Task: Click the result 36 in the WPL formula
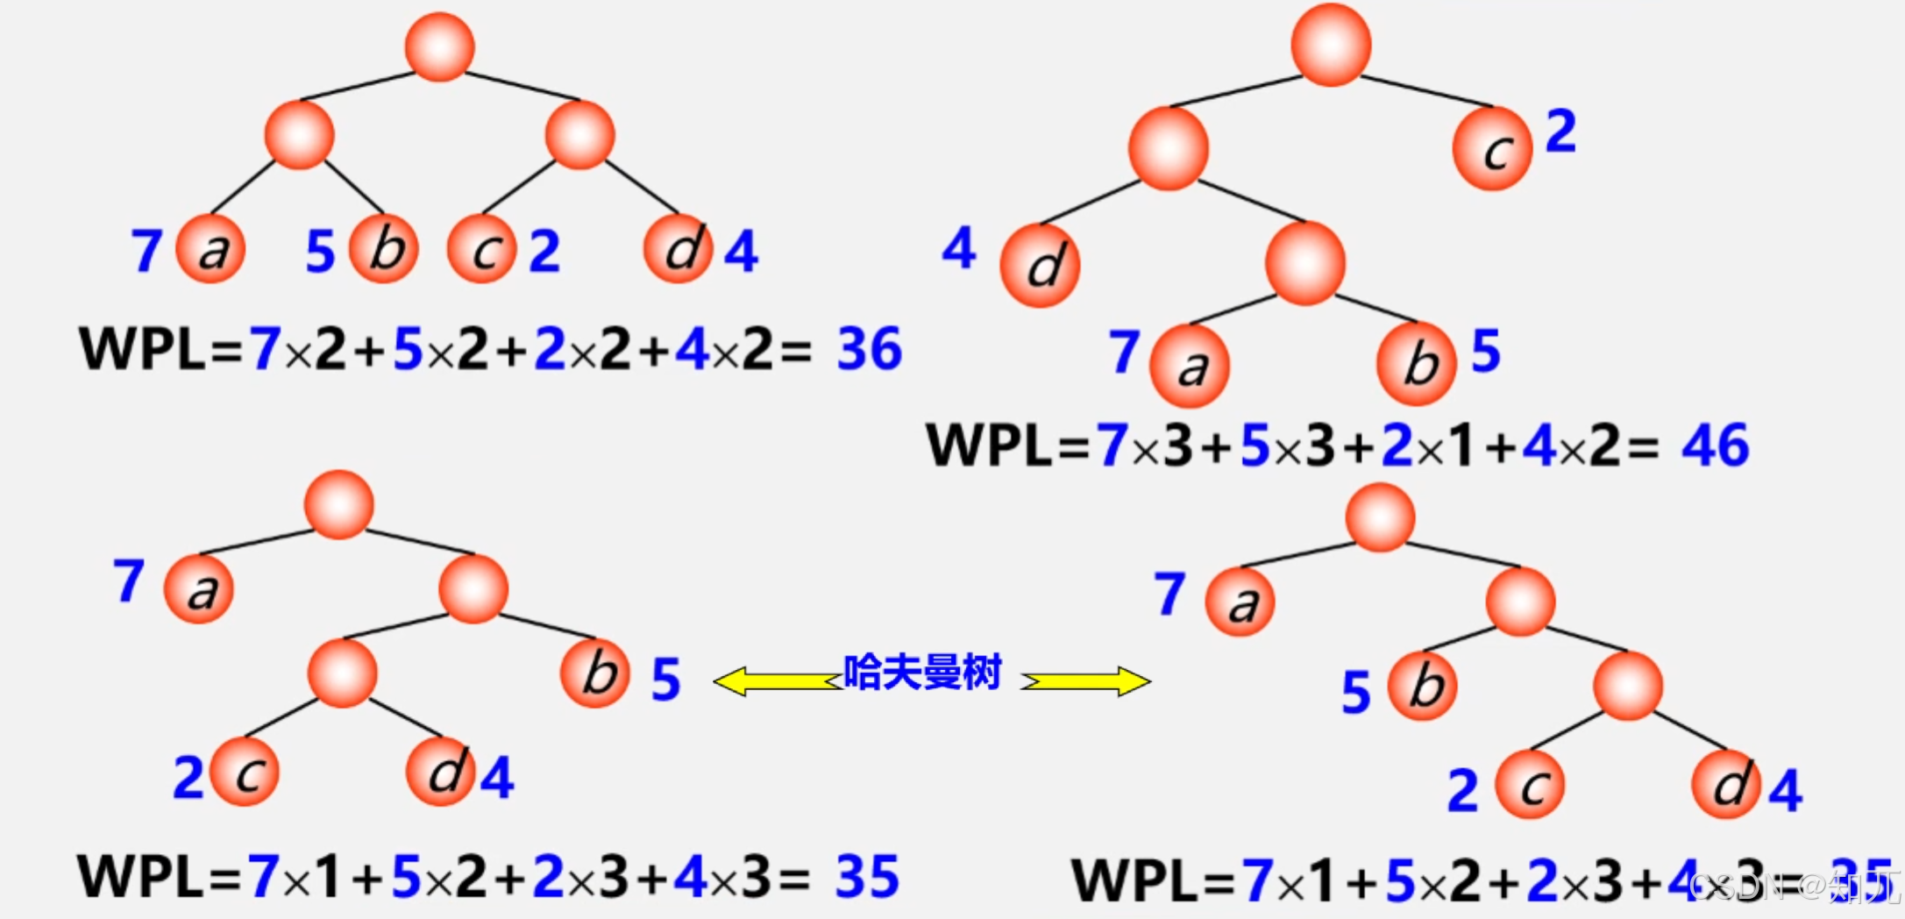tap(869, 348)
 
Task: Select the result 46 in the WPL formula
tap(1715, 445)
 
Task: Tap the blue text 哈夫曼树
tap(922, 673)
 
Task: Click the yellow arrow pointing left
tap(777, 681)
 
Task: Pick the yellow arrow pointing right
tap(1086, 681)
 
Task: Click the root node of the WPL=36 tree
tap(439, 47)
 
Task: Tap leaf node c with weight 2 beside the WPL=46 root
tap(1492, 149)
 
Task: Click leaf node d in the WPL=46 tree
tap(1041, 265)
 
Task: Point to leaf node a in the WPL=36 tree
tap(210, 249)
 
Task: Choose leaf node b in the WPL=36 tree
tap(384, 249)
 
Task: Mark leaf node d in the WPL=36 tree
tap(678, 249)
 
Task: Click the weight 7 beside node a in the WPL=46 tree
tap(1124, 352)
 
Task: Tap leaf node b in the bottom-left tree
tap(596, 673)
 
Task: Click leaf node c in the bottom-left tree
tap(245, 772)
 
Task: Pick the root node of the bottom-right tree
tap(1380, 517)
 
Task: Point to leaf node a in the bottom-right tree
tap(1240, 602)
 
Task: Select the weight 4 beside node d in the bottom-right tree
tap(1786, 790)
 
